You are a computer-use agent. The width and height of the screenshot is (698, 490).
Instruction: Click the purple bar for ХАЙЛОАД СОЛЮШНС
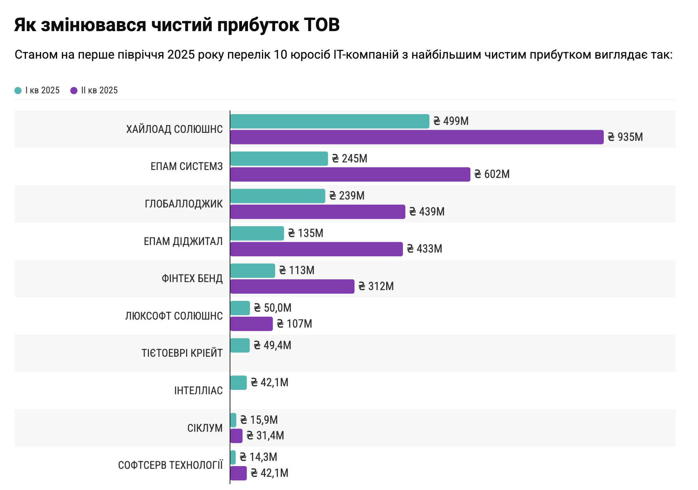[416, 137]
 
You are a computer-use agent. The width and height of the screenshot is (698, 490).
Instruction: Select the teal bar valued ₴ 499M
[329, 121]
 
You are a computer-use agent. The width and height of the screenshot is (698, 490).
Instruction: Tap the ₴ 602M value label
[492, 174]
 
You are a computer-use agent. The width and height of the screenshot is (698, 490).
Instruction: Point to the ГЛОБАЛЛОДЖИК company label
[184, 204]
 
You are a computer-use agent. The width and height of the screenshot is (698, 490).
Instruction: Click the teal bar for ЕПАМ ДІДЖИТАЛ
[257, 233]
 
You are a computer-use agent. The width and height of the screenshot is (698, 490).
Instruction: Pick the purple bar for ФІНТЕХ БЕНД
[292, 286]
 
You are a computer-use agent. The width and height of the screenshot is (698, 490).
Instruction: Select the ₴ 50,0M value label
[273, 308]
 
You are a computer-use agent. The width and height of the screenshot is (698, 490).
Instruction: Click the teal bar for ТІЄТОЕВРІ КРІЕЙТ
[240, 346]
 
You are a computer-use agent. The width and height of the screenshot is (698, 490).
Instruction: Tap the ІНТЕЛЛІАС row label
[198, 391]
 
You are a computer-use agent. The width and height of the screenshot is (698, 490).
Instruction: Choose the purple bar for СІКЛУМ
[236, 436]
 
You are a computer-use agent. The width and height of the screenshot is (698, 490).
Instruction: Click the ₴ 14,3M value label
[258, 457]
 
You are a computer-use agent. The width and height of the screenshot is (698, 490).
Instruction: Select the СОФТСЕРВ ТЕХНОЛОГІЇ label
[171, 465]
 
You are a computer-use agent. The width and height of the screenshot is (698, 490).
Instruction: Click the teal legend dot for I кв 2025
[18, 91]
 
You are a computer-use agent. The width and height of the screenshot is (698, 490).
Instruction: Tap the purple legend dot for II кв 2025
[74, 91]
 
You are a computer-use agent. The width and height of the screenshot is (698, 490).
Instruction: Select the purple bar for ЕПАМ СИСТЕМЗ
[350, 174]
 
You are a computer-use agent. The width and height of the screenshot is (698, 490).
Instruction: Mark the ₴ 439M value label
[427, 212]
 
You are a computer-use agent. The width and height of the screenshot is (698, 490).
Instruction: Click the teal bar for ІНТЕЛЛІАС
[238, 383]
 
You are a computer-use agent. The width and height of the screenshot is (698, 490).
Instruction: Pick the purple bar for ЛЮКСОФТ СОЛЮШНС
[251, 324]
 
